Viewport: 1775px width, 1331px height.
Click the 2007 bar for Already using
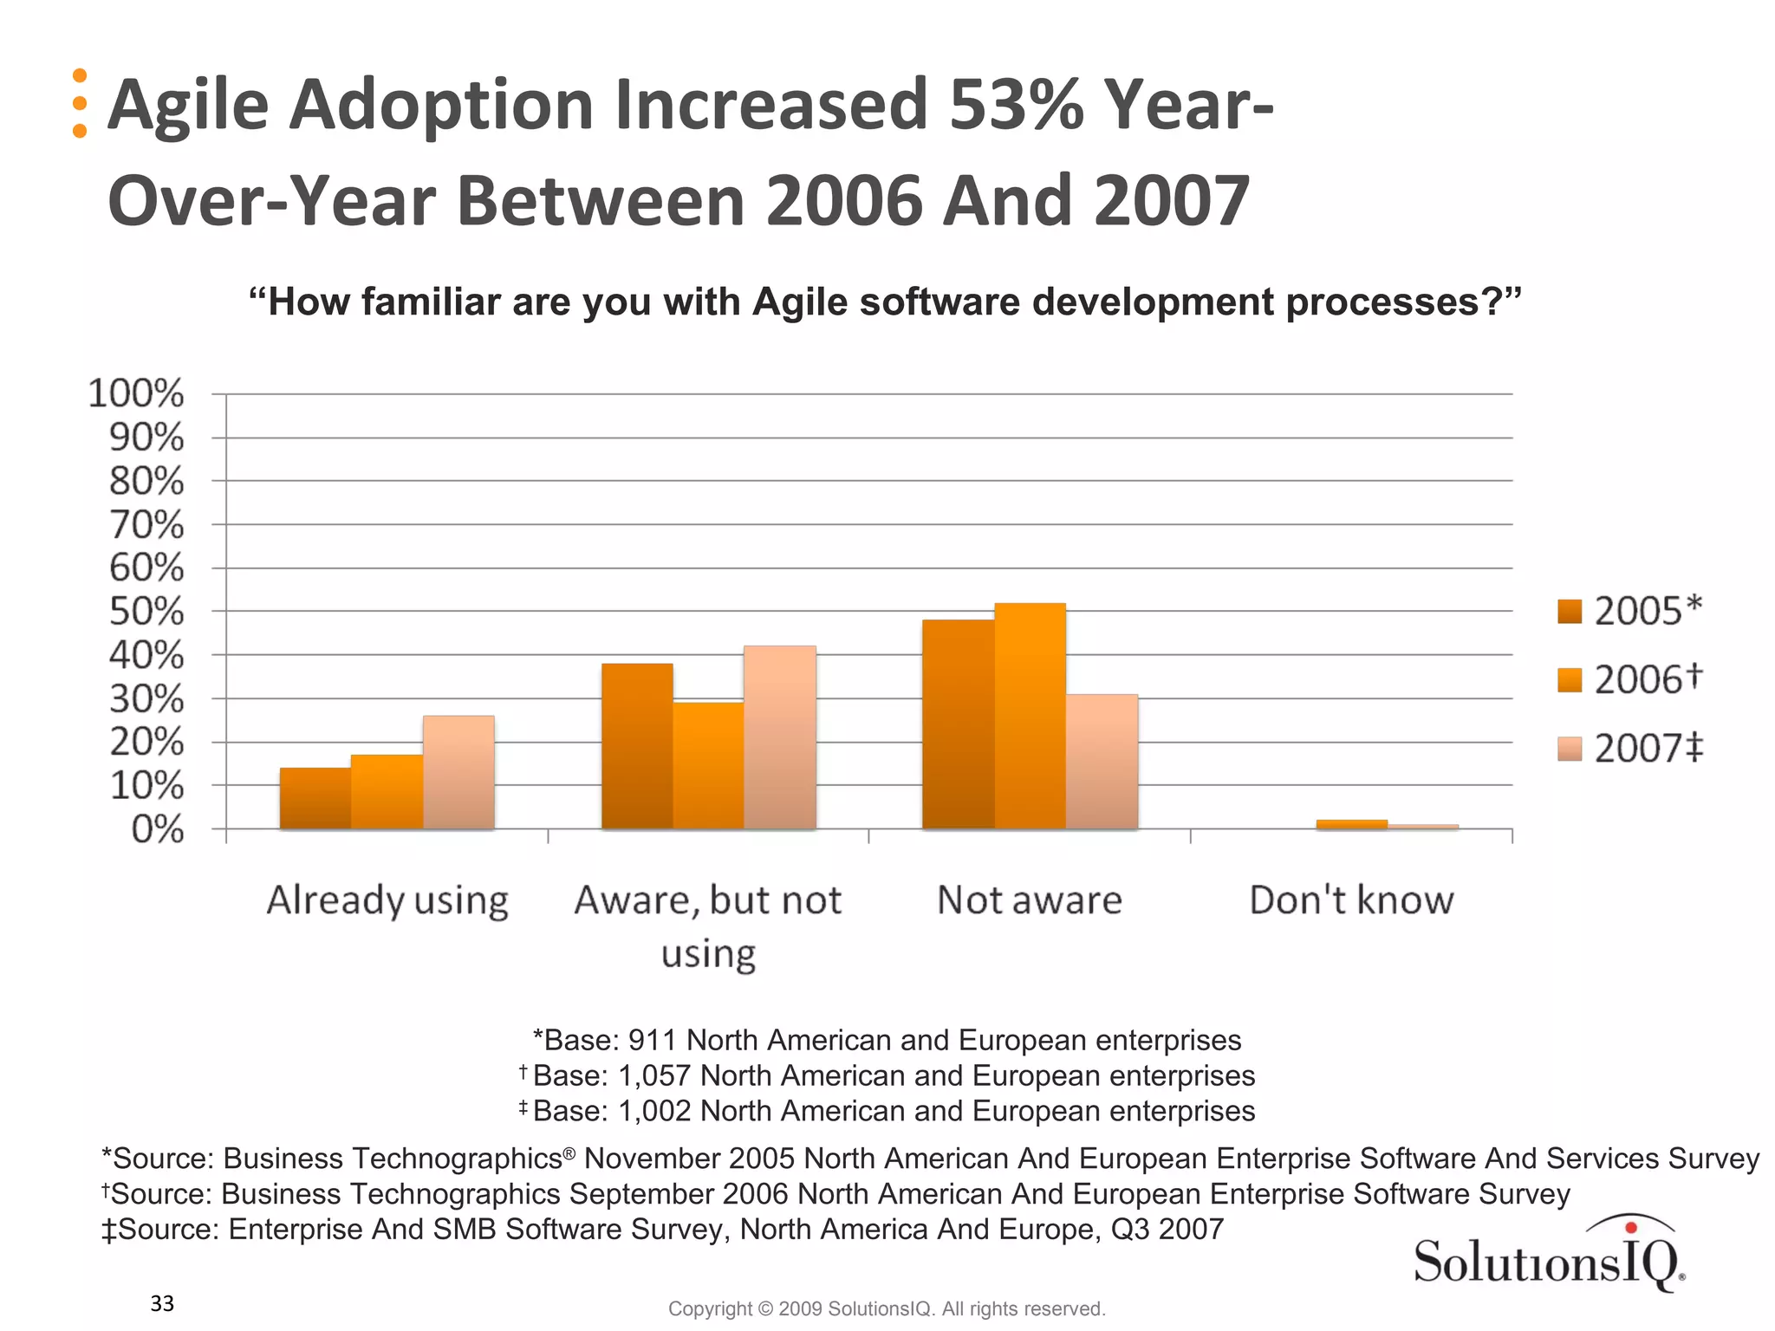click(458, 772)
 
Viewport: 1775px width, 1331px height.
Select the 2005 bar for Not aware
click(958, 724)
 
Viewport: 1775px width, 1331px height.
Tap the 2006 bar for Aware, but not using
click(708, 766)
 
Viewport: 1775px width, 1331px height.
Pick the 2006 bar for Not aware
click(1030, 716)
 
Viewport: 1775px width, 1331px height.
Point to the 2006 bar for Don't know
click(1351, 824)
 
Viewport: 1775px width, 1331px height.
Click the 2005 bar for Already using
click(315, 798)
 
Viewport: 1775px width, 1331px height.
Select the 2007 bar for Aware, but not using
click(780, 737)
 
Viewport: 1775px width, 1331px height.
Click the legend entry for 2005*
click(1629, 611)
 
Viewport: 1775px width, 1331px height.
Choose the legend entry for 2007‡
click(1629, 748)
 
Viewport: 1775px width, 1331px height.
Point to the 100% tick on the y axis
click(137, 393)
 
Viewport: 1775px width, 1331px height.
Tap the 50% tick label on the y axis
click(146, 612)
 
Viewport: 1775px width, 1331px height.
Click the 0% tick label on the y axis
click(157, 830)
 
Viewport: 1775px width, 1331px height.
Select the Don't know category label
click(1350, 900)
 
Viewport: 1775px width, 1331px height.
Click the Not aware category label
click(1030, 900)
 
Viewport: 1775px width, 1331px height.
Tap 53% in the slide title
click(1016, 105)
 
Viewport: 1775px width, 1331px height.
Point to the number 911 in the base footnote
click(653, 1040)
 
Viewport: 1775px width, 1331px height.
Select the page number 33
click(162, 1303)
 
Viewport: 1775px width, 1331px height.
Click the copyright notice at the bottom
click(886, 1308)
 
